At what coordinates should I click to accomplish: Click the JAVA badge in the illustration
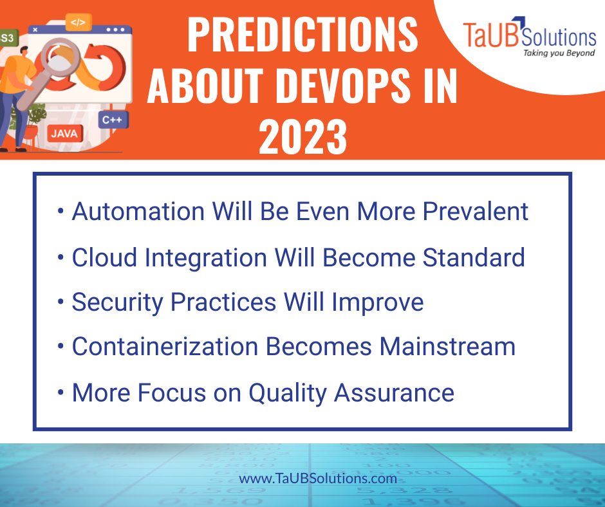tap(64, 134)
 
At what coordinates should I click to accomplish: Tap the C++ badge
tap(113, 120)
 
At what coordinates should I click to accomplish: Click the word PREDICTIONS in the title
tap(302, 37)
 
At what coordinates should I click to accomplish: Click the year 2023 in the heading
tap(302, 136)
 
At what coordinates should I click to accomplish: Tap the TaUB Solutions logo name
tap(530, 35)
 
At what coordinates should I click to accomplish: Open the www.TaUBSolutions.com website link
tap(318, 479)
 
